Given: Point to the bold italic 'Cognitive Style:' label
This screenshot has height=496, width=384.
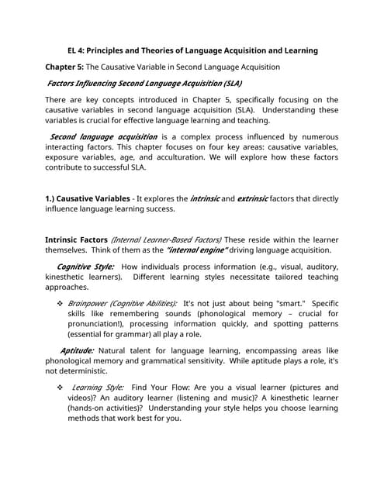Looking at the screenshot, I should click(85, 267).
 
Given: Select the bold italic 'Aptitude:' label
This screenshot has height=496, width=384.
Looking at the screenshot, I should click(76, 350).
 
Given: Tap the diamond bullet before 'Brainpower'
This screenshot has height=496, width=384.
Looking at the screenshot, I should click(59, 302).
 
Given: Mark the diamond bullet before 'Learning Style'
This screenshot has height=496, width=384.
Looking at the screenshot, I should click(59, 387).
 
